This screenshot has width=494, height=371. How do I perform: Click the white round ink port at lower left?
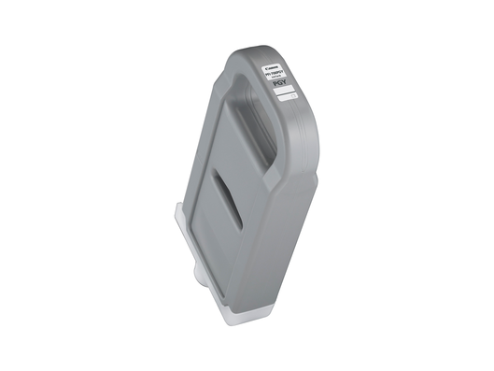coord(200,273)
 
